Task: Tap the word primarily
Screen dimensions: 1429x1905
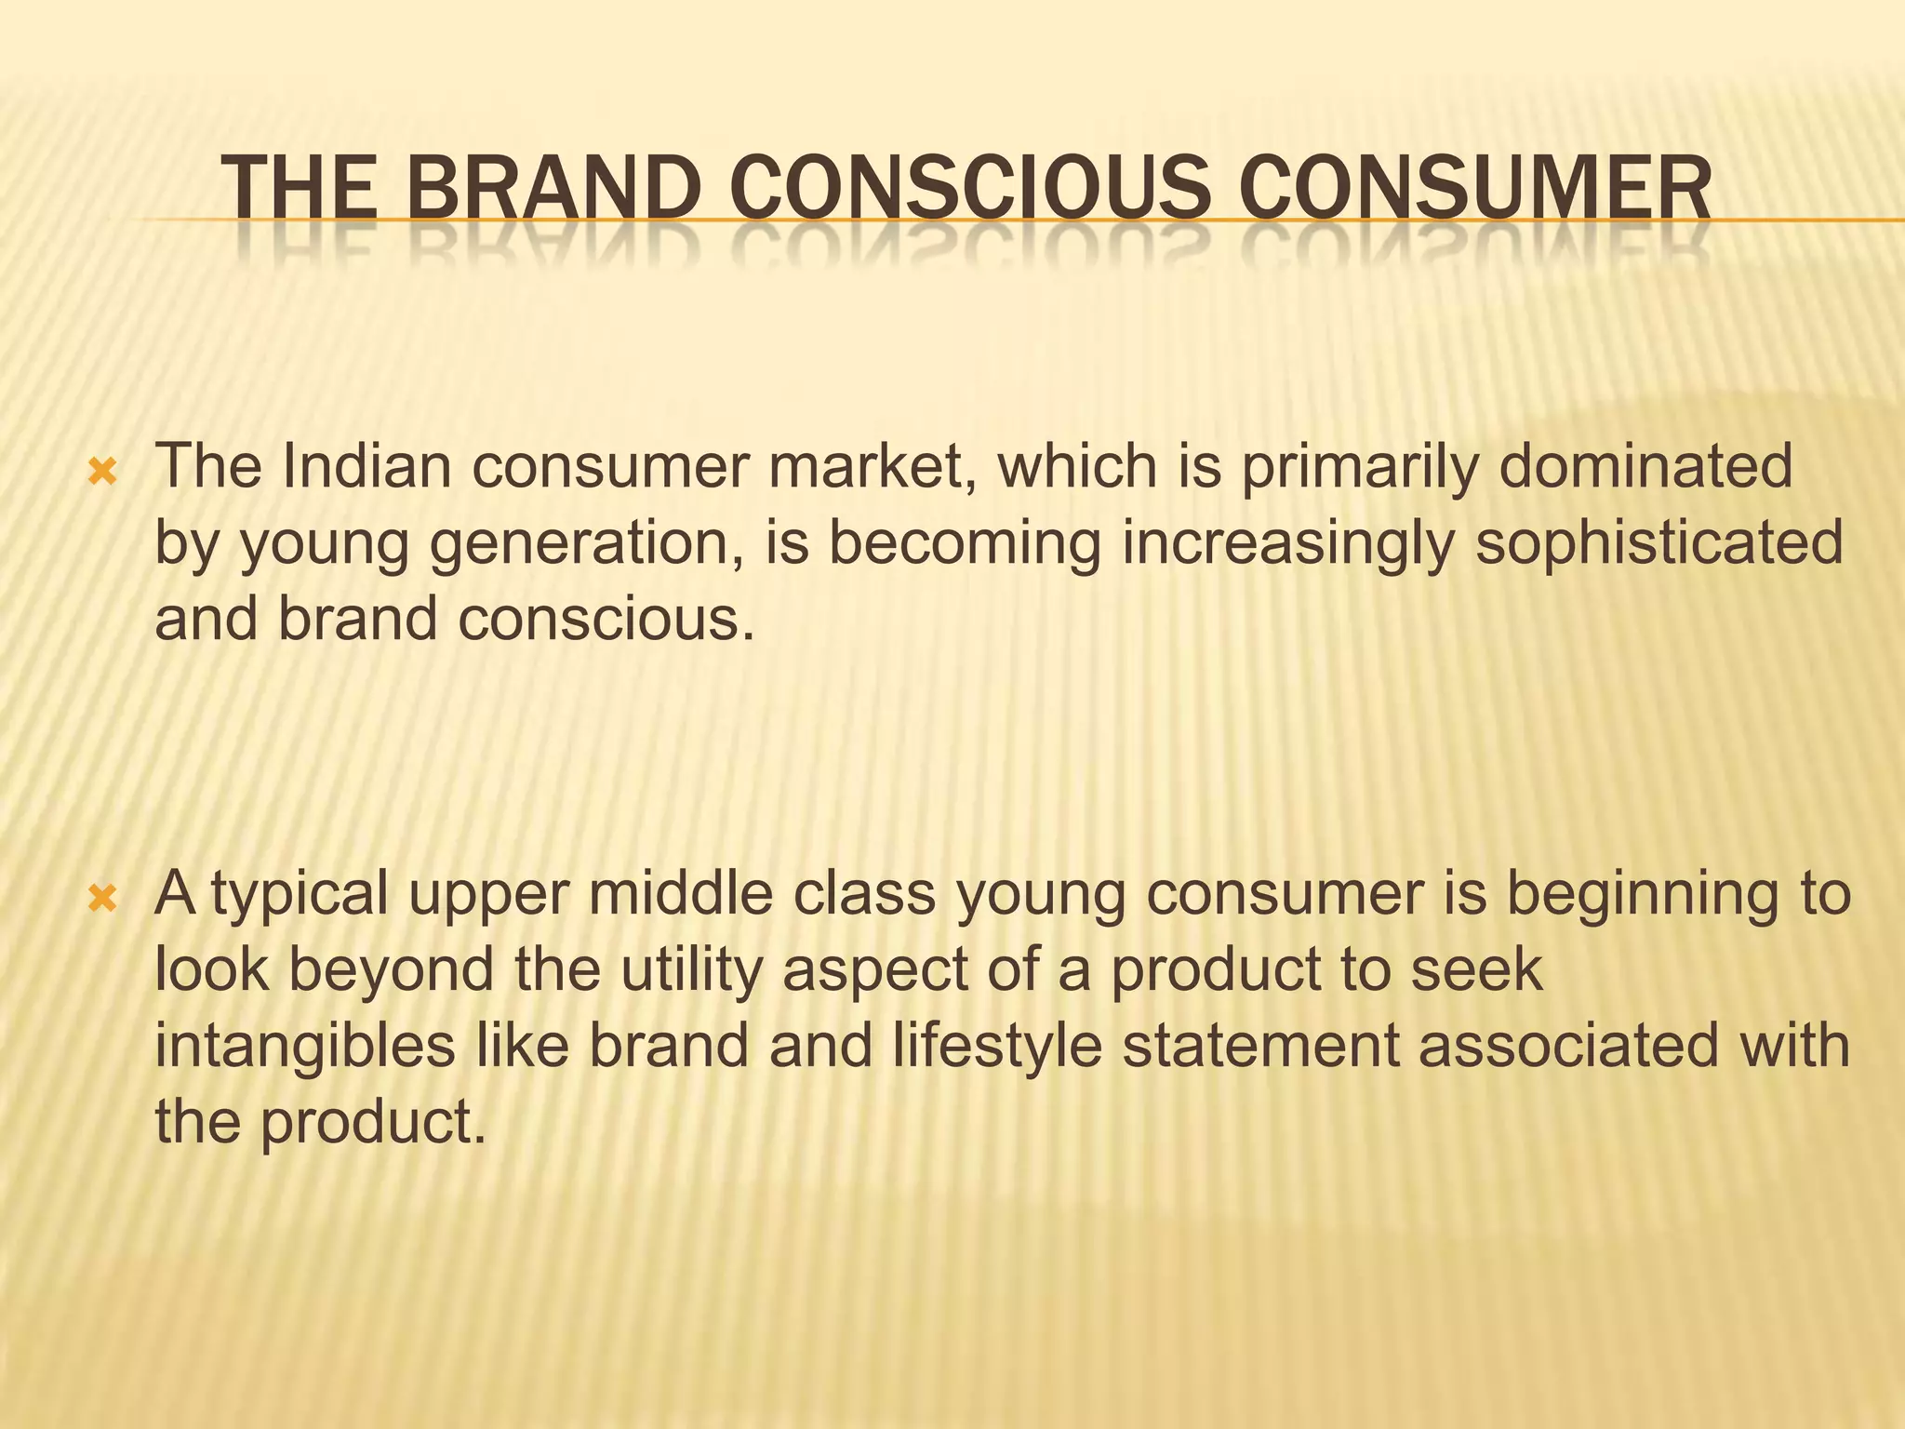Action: pos(1359,467)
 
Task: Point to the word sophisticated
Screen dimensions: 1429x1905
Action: pos(1659,544)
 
